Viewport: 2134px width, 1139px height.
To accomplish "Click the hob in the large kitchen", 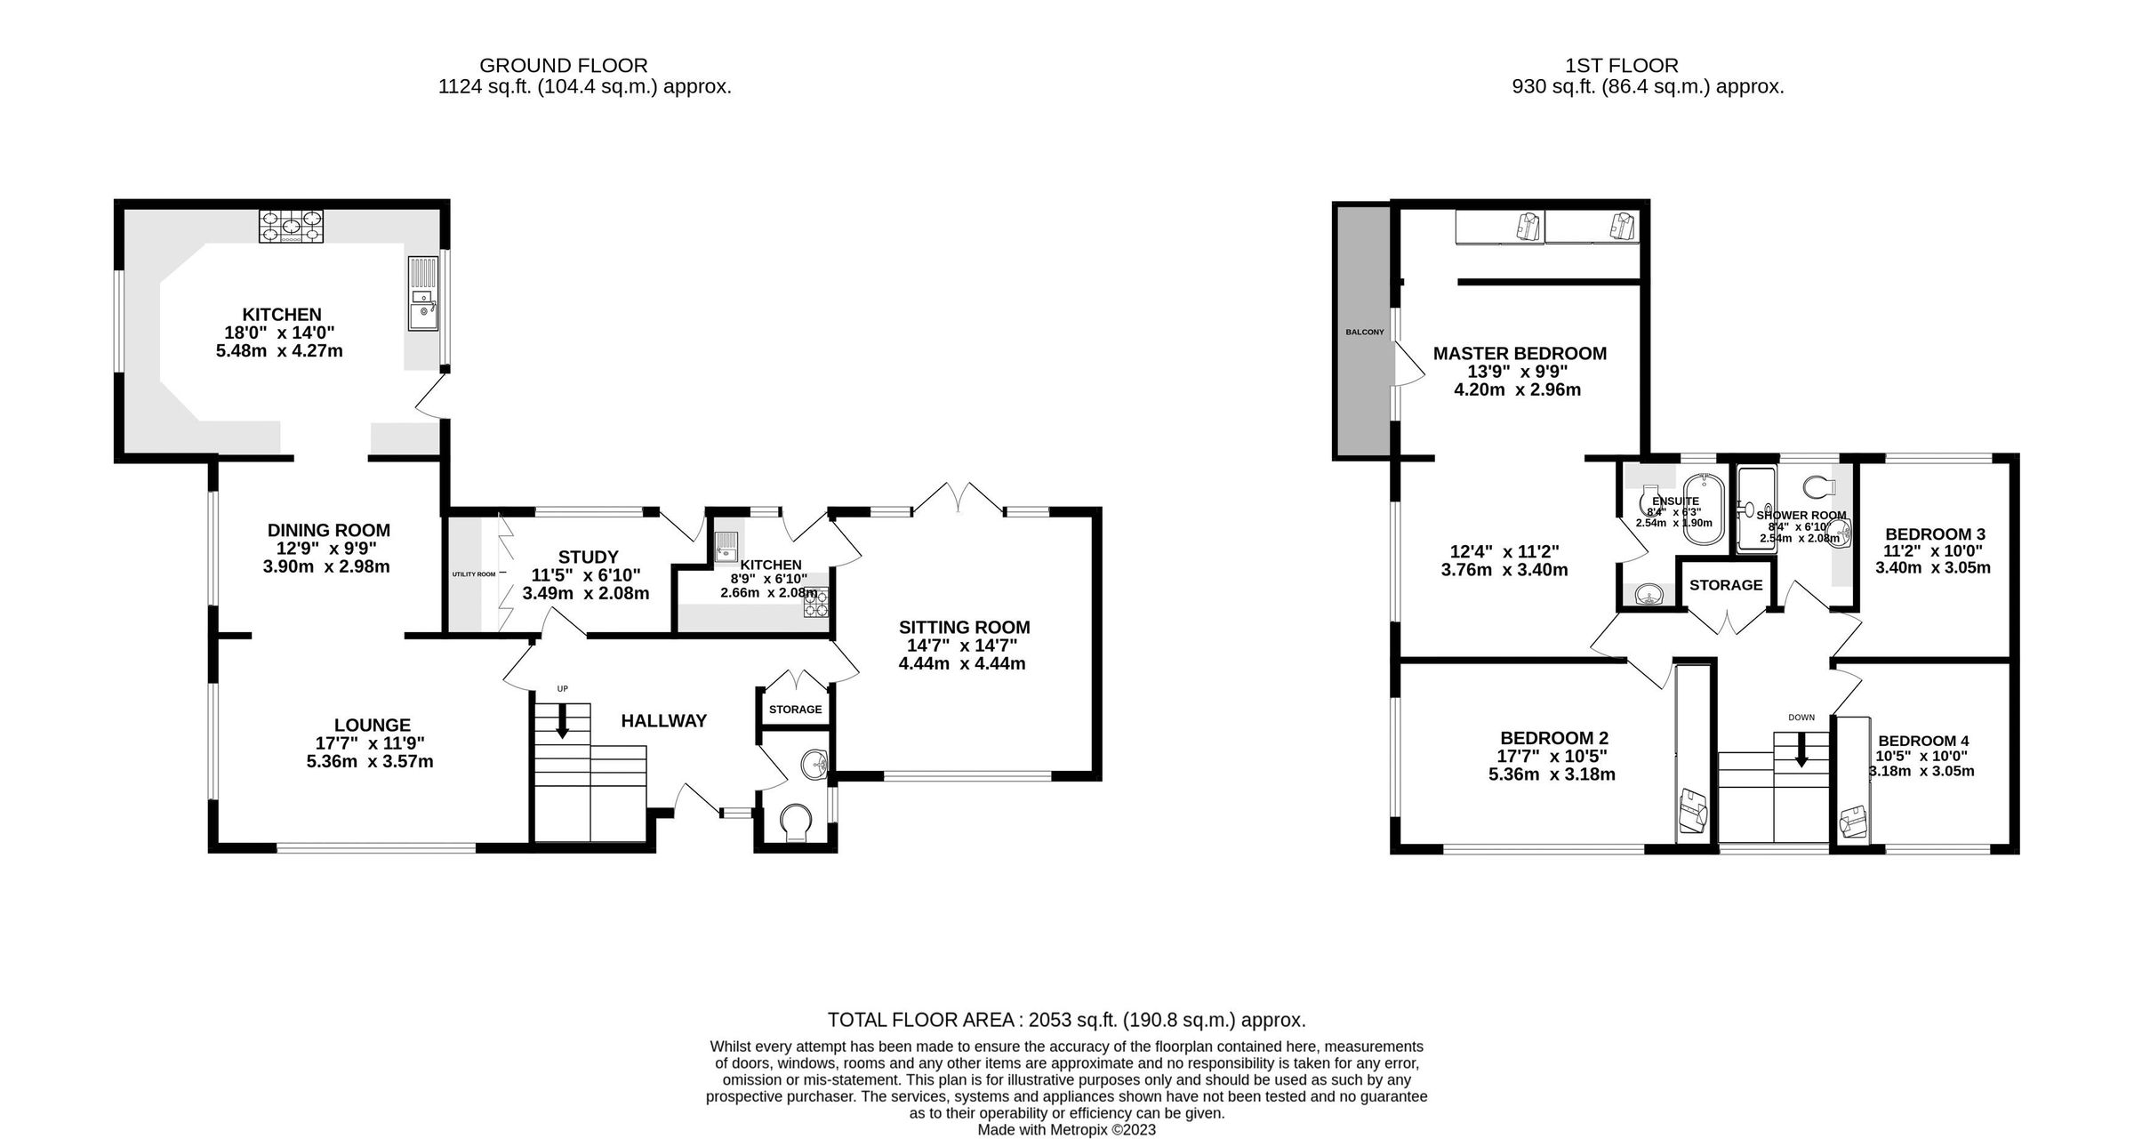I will (291, 226).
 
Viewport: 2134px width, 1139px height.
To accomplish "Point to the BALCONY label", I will (1364, 332).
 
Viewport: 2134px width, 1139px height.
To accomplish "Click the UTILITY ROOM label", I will (473, 574).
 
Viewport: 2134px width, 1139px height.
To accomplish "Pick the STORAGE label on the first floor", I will (1726, 585).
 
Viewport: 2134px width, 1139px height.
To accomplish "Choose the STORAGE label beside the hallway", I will (795, 709).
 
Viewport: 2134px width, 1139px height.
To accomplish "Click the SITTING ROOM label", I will (964, 627).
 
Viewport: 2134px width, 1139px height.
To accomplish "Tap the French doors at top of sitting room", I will (959, 498).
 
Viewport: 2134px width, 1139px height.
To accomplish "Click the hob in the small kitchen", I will (815, 604).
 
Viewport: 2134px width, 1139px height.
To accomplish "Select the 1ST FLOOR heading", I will (1622, 65).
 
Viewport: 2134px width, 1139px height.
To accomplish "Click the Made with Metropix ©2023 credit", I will (1066, 1129).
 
